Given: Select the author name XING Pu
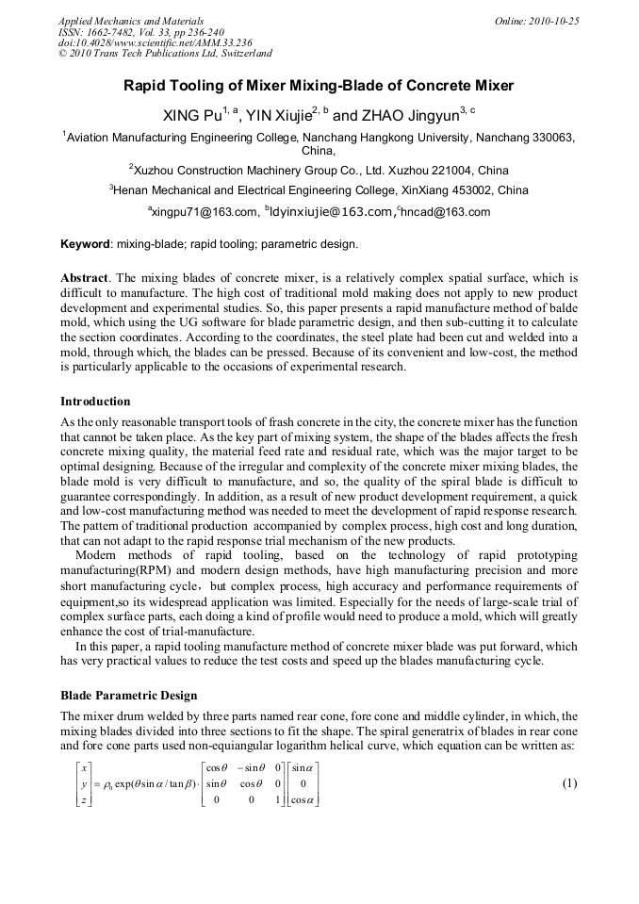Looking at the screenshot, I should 193,117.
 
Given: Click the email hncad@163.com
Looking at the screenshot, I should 447,212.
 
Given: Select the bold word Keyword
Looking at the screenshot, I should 86,245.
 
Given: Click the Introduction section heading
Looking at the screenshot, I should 95,402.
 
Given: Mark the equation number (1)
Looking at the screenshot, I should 569,784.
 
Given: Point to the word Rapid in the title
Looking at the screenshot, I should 147,86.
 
